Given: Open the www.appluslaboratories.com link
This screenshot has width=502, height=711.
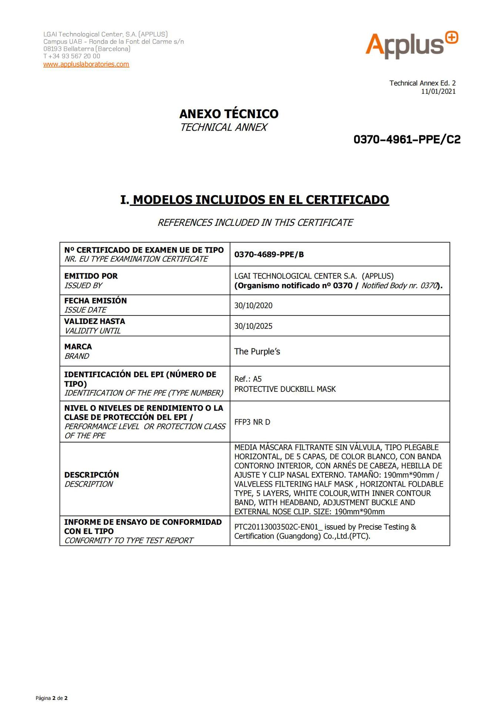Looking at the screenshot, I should pos(86,64).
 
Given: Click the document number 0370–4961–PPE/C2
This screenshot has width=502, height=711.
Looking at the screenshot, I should pos(407,140).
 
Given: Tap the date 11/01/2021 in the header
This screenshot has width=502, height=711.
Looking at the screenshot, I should pos(438,91).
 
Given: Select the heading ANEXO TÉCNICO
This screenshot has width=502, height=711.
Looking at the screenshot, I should pos(229,114).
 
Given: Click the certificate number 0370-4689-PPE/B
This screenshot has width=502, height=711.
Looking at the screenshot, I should pos(269,254).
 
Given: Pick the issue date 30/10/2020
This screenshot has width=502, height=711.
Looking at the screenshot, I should pos(253,306).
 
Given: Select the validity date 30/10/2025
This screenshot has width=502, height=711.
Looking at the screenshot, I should pos(253,326).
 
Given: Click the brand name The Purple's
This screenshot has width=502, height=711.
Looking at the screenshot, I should pos(257,351).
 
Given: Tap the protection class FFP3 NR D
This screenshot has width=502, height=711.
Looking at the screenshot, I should pos(252,422).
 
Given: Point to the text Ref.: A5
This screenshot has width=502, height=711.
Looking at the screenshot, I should pos(248,379).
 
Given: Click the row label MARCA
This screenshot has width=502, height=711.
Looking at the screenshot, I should pos(78,347).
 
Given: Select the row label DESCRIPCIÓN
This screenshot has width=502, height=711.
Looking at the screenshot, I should pos(91,475).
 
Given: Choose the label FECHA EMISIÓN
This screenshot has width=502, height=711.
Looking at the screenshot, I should pos(95,300).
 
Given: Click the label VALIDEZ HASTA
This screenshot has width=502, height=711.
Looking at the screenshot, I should pos(95,321).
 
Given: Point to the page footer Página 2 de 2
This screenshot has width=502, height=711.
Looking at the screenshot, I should pos(51,698).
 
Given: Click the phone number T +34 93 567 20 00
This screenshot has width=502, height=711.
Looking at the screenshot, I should pos(72,56).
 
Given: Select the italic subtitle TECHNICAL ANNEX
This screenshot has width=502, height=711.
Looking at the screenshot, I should pos(223,127).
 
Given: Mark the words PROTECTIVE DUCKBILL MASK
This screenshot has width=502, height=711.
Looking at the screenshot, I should pos(285,389).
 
